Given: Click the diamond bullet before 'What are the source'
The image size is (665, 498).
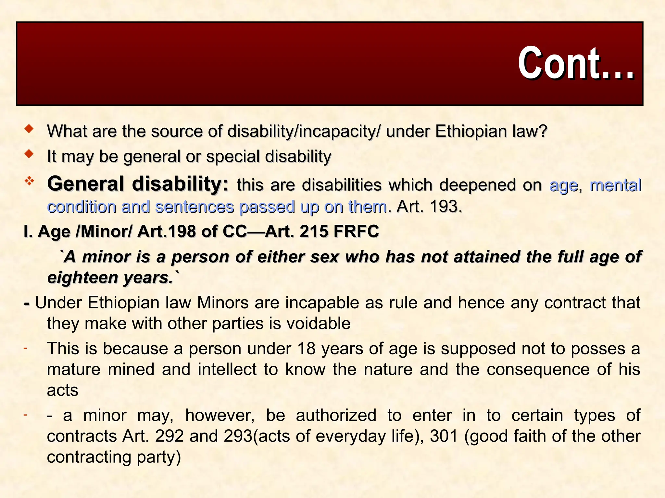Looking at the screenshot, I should click(29, 129).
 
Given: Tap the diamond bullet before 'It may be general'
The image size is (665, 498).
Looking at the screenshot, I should click(29, 154).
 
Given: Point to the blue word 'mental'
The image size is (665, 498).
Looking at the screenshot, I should click(615, 185).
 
